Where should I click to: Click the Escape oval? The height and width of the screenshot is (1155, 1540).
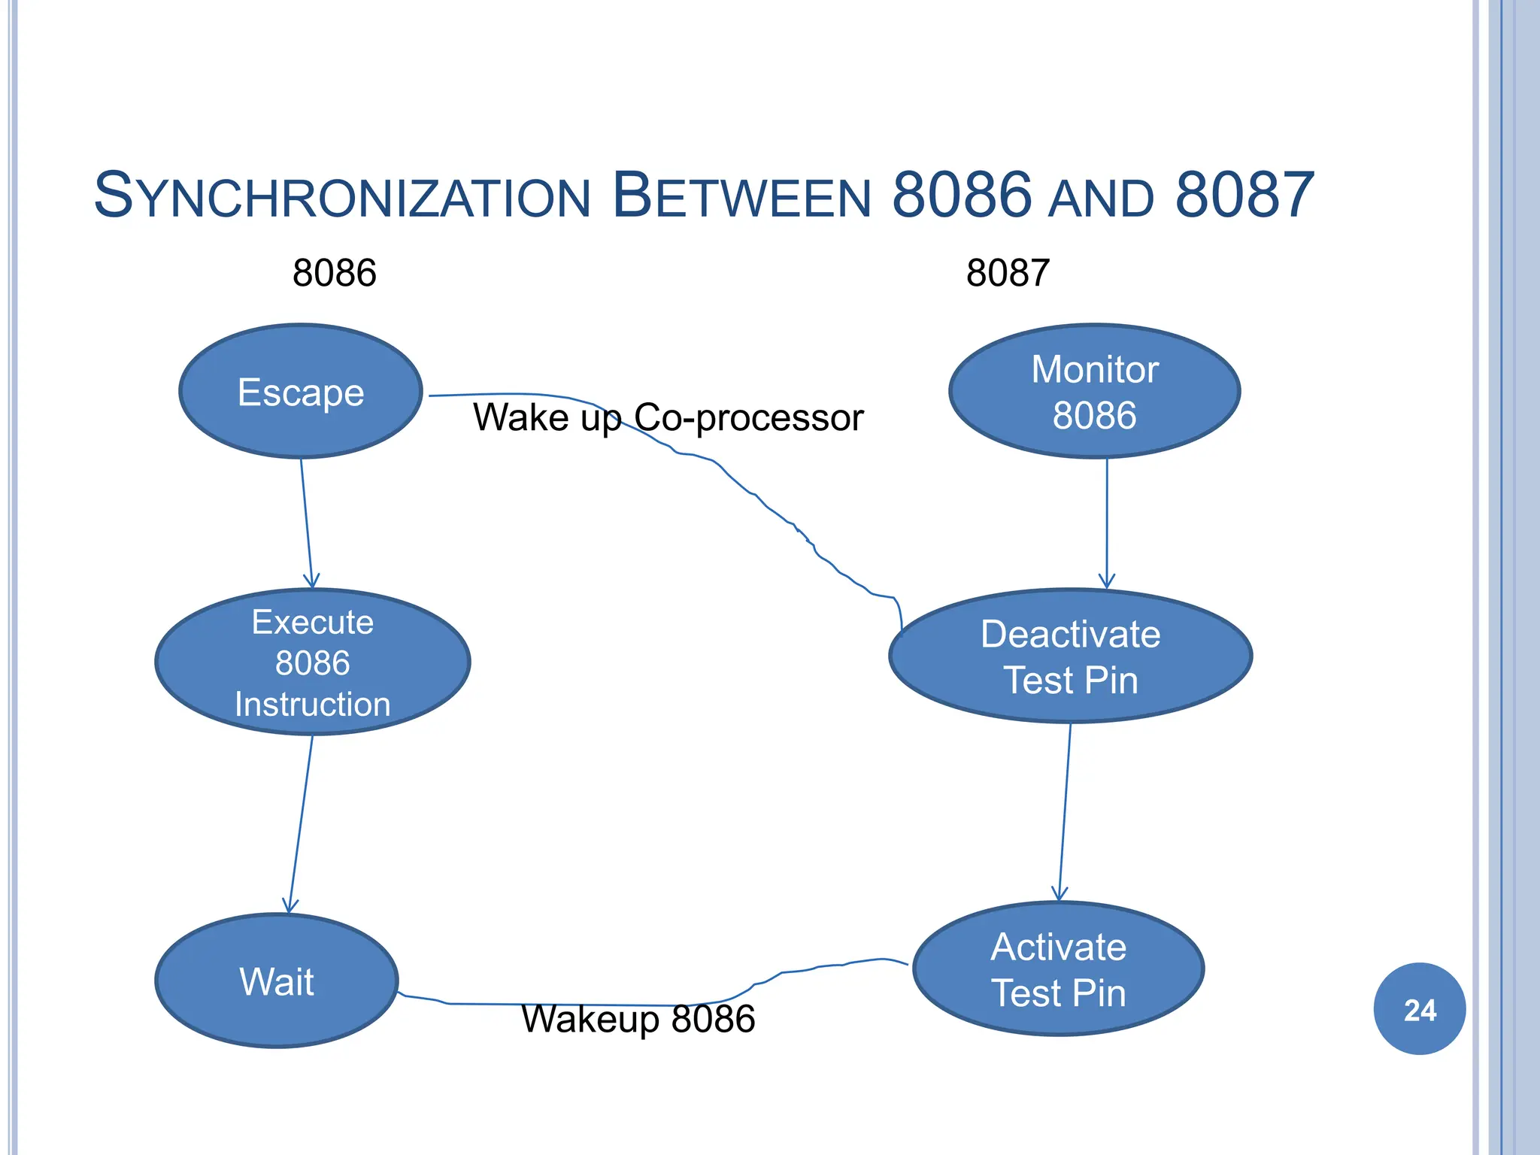click(x=301, y=391)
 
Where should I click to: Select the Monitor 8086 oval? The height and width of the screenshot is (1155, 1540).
click(x=1094, y=391)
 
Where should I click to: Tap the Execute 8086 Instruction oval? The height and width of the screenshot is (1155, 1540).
click(x=312, y=662)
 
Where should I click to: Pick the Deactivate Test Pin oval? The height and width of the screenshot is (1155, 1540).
click(x=1070, y=656)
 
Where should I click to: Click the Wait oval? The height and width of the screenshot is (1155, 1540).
click(x=277, y=981)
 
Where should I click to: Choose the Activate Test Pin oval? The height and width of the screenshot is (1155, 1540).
click(x=1058, y=969)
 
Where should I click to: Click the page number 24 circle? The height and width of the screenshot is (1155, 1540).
click(x=1419, y=1009)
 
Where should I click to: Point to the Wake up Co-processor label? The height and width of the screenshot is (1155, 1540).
click(x=668, y=417)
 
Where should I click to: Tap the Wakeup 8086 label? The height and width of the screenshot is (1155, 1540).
click(x=638, y=1020)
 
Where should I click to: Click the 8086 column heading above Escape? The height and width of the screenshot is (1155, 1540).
click(x=334, y=272)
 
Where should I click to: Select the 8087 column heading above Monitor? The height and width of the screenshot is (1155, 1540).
click(x=1008, y=272)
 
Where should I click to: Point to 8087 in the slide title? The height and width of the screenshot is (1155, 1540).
click(x=1244, y=196)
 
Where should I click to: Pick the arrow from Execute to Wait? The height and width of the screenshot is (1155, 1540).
click(x=301, y=823)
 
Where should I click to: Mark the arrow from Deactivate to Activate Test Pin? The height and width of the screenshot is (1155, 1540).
click(x=1065, y=812)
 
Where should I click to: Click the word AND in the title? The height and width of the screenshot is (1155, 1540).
click(x=1102, y=199)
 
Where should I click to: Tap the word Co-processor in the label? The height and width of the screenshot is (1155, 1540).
click(x=748, y=417)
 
